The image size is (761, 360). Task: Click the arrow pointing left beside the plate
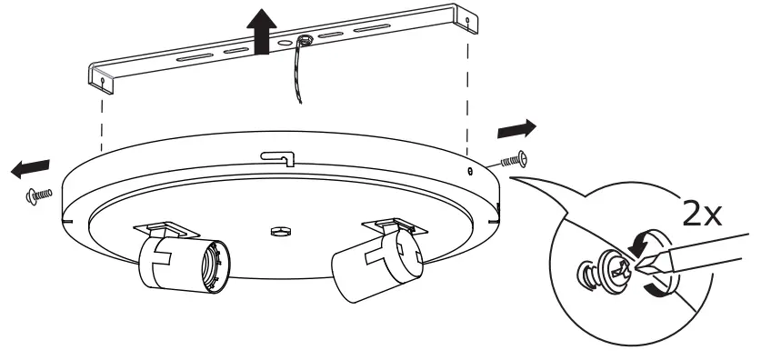[29, 166]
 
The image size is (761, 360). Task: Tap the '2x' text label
[701, 215]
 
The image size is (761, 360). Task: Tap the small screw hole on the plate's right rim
[469, 170]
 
